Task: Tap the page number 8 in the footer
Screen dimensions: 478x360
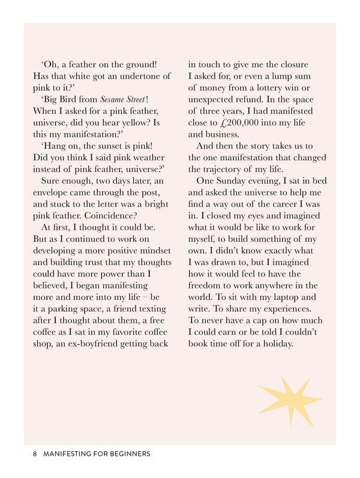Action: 35,454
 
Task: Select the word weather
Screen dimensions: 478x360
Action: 149,158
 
